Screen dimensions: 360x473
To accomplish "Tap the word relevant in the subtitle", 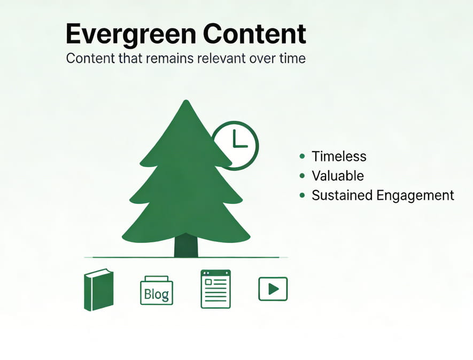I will click(216, 58).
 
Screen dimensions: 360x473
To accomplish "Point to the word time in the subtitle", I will click(292, 58).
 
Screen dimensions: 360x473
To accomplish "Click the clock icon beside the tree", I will click(236, 145).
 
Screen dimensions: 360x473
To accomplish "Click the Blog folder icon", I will click(157, 291).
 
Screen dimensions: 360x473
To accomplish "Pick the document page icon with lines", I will click(215, 289).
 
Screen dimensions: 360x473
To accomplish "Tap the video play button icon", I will click(273, 289).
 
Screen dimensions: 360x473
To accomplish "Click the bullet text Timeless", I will click(339, 156).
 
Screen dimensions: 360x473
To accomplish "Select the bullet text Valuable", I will click(337, 176).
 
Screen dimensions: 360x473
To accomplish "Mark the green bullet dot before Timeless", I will click(303, 156).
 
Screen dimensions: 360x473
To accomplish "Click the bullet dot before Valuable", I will click(303, 175).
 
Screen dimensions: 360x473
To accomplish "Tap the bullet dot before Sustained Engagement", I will click(303, 195).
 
